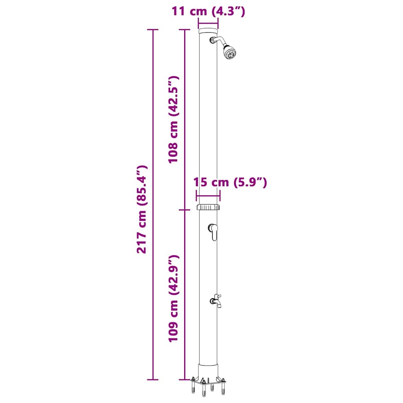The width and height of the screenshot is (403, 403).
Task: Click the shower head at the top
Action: [x=229, y=52]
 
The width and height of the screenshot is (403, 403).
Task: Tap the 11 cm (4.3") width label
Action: [x=208, y=11]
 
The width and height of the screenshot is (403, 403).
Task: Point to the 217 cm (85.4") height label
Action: [x=142, y=209]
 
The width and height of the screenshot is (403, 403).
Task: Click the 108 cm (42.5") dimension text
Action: [x=174, y=120]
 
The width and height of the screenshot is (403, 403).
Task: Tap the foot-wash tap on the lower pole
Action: [x=216, y=301]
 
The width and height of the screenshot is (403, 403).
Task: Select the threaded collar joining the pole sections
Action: [x=208, y=207]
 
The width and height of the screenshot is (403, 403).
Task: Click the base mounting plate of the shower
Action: [x=208, y=381]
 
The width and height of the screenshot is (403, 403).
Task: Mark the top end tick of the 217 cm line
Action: [x=153, y=30]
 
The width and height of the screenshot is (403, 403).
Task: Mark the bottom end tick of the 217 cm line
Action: [x=153, y=380]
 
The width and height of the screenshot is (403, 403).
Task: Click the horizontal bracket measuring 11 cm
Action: [x=208, y=23]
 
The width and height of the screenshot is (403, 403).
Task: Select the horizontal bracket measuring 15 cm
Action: [x=208, y=196]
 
